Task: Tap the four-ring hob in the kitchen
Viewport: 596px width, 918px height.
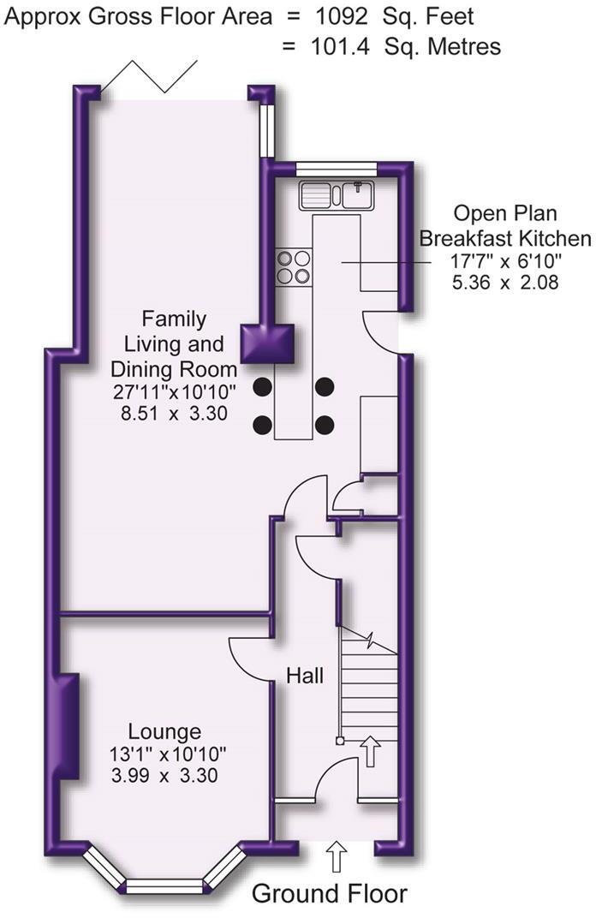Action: (x=294, y=266)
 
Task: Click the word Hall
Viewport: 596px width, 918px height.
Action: (x=305, y=677)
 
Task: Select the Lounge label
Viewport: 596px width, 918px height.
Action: (x=164, y=732)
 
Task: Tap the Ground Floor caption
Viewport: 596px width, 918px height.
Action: (x=329, y=894)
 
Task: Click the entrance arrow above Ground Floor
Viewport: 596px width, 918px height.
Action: (x=336, y=855)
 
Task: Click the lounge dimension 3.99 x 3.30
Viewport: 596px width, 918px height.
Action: (x=164, y=777)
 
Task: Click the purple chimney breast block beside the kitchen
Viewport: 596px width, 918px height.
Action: (x=267, y=344)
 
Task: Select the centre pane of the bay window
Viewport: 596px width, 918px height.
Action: (x=164, y=885)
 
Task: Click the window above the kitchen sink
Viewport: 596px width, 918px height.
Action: (x=331, y=170)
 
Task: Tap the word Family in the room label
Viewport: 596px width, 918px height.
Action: (x=174, y=319)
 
